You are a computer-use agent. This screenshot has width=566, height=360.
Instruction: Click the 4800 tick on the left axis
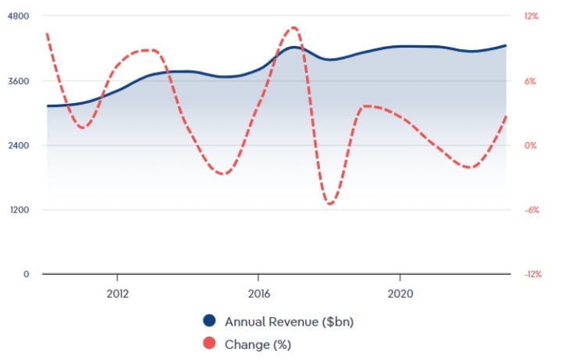18,16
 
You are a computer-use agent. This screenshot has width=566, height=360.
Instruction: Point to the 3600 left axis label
18,81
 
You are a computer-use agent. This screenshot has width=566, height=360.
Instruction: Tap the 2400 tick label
18,145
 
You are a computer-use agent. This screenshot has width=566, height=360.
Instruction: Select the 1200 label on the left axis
18,210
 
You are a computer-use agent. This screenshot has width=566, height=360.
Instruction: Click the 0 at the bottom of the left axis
25,274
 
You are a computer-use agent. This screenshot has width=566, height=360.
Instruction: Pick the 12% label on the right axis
532,16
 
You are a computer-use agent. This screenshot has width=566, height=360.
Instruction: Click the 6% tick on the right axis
530,81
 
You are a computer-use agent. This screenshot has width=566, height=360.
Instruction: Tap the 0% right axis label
530,145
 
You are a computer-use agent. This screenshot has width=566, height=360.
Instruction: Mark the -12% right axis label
533,274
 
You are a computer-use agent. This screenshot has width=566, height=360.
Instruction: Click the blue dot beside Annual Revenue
208,321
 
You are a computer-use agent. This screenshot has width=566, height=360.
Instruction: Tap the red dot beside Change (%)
208,343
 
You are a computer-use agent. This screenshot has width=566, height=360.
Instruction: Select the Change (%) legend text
258,343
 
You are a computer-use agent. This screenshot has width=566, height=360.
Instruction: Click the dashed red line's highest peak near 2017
294,27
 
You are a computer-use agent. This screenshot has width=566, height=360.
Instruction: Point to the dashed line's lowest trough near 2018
330,204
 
